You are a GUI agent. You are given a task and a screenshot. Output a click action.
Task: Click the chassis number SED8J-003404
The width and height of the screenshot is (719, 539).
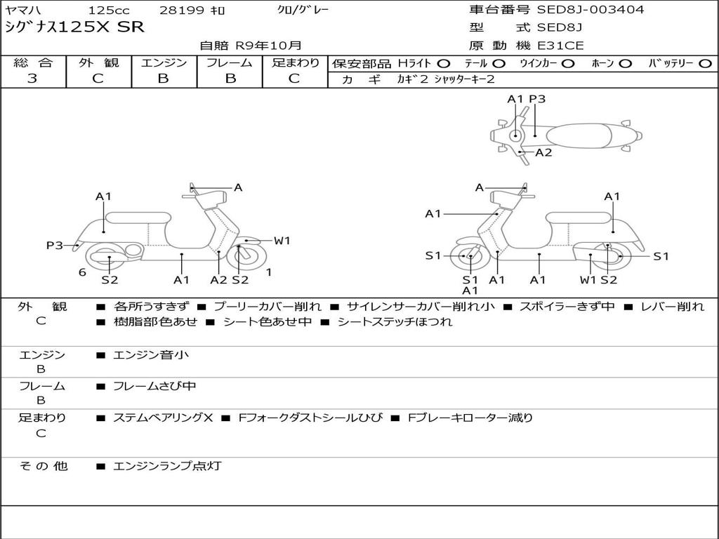(590, 10)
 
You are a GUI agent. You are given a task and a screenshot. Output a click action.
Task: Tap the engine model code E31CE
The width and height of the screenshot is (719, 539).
(560, 46)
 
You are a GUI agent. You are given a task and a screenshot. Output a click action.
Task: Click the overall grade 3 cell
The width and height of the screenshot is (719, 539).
(32, 79)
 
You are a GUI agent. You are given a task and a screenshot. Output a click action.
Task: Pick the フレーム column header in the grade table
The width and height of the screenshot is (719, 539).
(229, 62)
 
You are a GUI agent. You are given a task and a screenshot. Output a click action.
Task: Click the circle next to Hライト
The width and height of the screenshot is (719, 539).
(444, 63)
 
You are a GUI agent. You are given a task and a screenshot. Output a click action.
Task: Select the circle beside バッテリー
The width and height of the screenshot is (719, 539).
(705, 63)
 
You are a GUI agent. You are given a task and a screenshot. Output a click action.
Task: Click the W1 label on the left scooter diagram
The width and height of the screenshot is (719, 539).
(282, 241)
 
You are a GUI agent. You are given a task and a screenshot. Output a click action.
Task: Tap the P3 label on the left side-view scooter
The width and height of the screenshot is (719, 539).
(55, 245)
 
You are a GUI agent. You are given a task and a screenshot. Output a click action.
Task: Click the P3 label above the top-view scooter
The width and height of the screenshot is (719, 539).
(537, 99)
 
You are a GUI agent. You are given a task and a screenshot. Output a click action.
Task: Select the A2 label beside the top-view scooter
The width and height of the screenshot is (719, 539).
(543, 152)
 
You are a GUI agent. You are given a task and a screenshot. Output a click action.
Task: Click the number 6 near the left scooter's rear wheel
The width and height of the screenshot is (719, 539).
(82, 272)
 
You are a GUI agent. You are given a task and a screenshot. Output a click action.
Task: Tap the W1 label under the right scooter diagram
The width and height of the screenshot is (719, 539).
(588, 280)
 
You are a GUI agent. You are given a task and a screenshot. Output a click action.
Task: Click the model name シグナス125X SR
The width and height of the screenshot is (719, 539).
(74, 27)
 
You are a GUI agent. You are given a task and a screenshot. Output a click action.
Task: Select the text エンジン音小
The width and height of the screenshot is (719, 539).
(151, 355)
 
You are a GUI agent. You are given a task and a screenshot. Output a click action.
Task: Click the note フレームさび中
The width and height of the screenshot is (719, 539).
(154, 386)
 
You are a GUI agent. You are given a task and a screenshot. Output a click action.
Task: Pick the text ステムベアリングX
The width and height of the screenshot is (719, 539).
(163, 418)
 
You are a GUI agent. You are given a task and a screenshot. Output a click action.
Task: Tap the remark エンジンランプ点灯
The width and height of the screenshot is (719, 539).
(167, 465)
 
